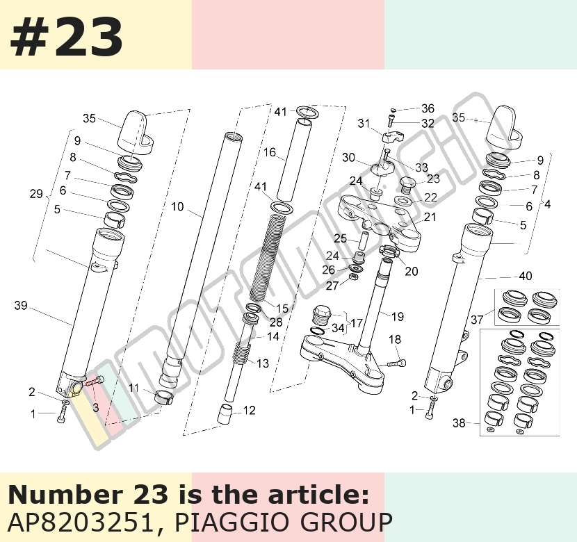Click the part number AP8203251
[x=80, y=522]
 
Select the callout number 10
[x=177, y=206]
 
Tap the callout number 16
[x=270, y=152]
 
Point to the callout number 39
[x=21, y=305]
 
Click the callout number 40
[x=526, y=276]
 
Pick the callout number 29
[x=36, y=193]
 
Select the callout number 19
[x=398, y=316]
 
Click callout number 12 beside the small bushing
[x=250, y=411]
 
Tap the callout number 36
[x=428, y=108]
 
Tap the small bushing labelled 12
[x=225, y=414]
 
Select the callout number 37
[x=477, y=320]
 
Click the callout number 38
[x=459, y=423]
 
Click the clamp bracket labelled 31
[x=392, y=138]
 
